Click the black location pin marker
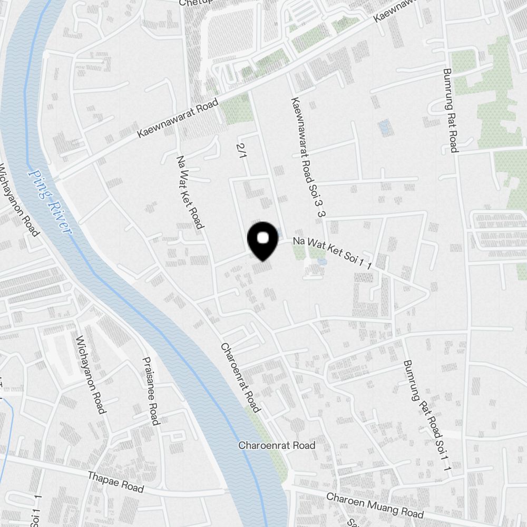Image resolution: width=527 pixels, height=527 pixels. click(262, 241)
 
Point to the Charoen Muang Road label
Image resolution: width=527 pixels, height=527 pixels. click(375, 505)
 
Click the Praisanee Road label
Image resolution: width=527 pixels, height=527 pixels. click(151, 391)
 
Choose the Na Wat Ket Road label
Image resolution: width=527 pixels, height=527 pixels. click(190, 192)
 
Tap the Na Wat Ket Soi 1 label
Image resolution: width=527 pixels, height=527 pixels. click(333, 253)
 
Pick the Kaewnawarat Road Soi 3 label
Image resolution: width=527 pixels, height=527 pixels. click(306, 158)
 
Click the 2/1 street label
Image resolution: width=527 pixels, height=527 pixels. click(242, 149)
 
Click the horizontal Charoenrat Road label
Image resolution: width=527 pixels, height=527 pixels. click(277, 445)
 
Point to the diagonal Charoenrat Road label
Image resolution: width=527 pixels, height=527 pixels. click(240, 377)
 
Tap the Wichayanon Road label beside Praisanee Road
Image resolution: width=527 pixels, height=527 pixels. click(91, 374)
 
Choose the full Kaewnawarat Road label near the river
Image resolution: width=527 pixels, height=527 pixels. click(178, 121)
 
